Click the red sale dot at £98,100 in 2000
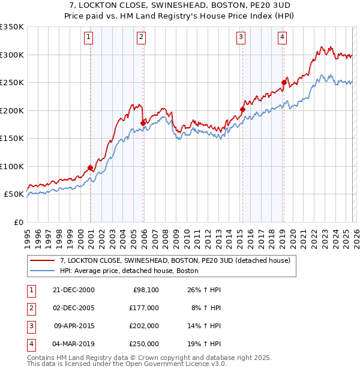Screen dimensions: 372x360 (x=90, y=167)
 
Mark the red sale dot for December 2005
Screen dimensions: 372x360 (x=143, y=123)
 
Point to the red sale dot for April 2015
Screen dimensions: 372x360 (x=242, y=109)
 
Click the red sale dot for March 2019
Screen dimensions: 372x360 (x=284, y=82)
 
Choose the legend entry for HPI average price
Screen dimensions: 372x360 (x=129, y=271)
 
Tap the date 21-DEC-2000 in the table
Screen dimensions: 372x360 (x=74, y=290)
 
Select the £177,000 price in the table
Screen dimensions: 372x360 (x=144, y=308)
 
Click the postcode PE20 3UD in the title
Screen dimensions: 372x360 (x=268, y=5)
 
